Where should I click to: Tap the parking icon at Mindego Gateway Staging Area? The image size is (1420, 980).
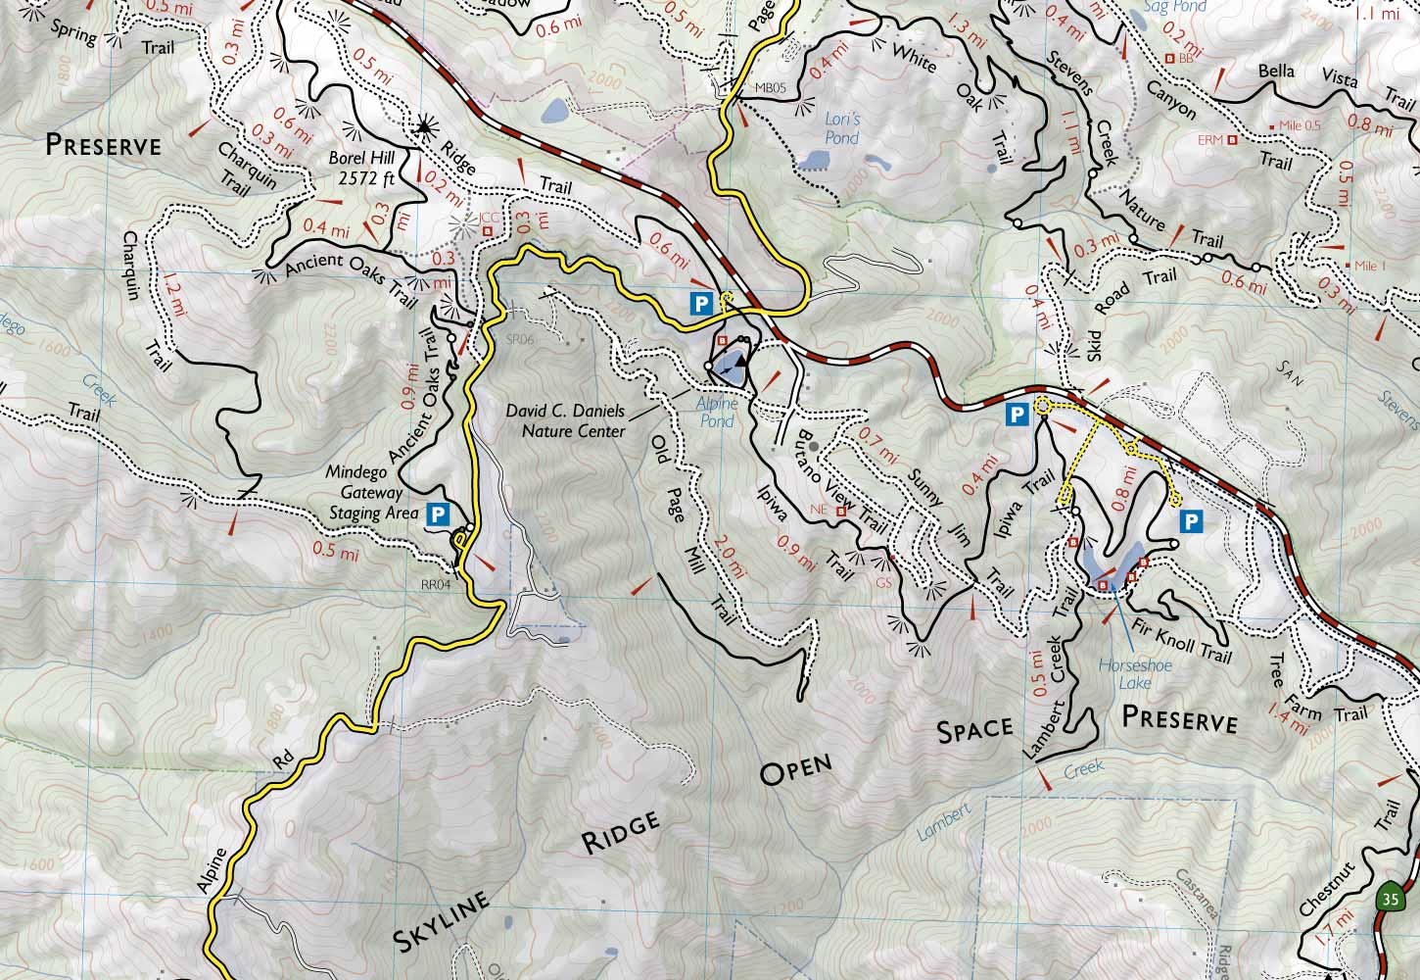click(x=437, y=513)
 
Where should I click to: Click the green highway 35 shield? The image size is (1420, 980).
click(x=1388, y=898)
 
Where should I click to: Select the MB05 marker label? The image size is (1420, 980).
click(x=770, y=87)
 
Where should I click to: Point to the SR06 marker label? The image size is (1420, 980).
click(x=518, y=340)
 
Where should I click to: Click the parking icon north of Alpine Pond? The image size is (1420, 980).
click(x=700, y=303)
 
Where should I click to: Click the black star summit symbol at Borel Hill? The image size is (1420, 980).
click(x=423, y=125)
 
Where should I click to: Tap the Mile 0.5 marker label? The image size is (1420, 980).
click(x=1299, y=126)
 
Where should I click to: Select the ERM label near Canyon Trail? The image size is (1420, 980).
click(x=1210, y=140)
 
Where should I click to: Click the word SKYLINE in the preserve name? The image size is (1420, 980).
click(x=440, y=920)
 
